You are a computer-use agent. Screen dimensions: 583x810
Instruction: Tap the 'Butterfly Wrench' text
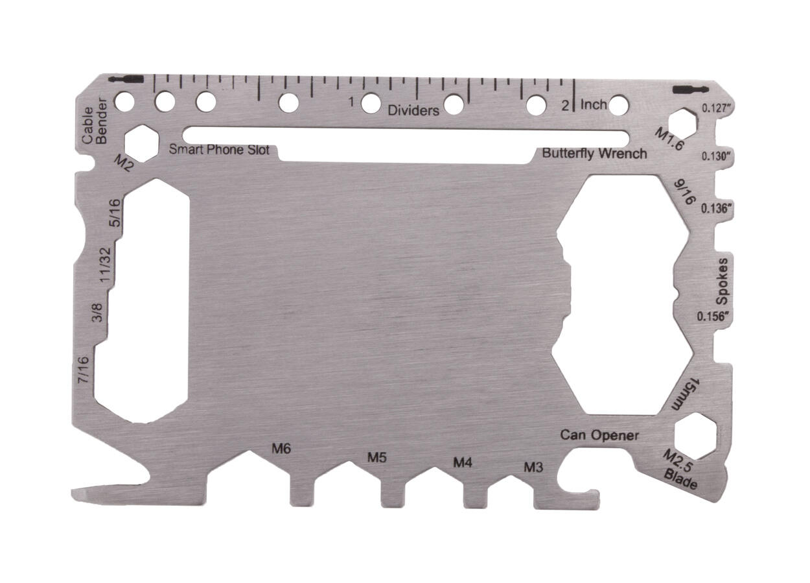coord(594,154)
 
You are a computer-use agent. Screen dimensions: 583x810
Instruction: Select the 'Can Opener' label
coord(599,435)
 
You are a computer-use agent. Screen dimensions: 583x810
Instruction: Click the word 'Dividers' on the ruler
coord(413,110)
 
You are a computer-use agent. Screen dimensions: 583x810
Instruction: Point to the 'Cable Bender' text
coord(94,121)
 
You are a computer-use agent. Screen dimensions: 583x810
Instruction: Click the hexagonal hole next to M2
coord(141,143)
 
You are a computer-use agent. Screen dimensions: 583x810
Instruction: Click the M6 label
coord(281,448)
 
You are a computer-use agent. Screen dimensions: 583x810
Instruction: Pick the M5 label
coord(377,457)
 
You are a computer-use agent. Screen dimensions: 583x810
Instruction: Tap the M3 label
coord(533,467)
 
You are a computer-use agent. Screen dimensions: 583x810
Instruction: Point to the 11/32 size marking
coord(108,263)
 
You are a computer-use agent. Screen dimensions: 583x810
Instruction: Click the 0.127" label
coord(717,108)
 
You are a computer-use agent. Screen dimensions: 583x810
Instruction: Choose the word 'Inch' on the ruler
coord(594,104)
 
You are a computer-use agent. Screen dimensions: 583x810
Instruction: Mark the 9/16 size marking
coord(684,192)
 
